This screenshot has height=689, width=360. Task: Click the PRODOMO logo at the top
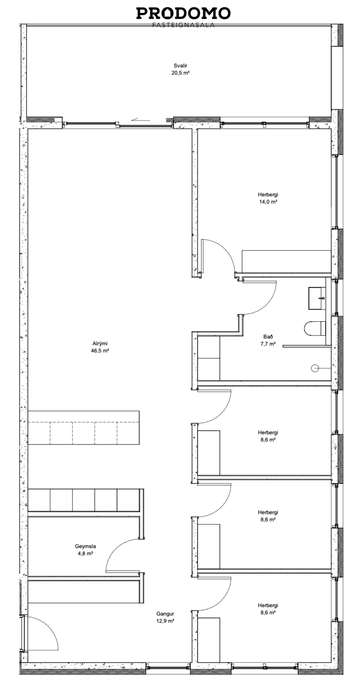click(x=183, y=13)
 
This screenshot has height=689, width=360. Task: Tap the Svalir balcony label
click(x=180, y=65)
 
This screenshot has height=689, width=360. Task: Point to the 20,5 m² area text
click(x=180, y=73)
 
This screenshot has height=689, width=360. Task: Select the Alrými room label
click(x=100, y=344)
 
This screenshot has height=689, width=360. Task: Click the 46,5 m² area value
click(x=100, y=351)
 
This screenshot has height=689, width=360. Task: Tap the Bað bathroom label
click(x=268, y=337)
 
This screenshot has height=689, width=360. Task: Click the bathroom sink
click(x=317, y=298)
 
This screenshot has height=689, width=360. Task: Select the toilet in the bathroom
click(x=315, y=329)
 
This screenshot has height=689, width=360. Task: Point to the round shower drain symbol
click(x=314, y=368)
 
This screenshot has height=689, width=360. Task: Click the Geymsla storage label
click(x=85, y=546)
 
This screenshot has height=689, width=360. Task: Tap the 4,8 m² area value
click(x=85, y=553)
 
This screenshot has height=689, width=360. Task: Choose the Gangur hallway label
click(x=165, y=614)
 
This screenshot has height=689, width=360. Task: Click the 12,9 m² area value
click(x=165, y=621)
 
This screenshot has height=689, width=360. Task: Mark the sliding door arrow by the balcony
click(x=140, y=120)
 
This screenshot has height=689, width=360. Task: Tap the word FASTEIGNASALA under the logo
click(x=183, y=25)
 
